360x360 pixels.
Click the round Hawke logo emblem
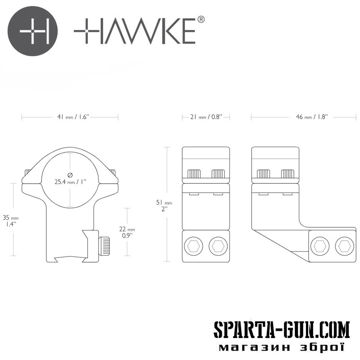click(x=32, y=31)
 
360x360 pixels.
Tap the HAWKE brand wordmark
click(x=135, y=31)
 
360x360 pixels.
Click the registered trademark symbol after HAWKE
click(x=201, y=19)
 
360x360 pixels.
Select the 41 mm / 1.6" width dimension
click(x=73, y=117)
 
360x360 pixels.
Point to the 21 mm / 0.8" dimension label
click(x=207, y=117)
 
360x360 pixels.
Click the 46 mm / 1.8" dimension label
click(x=311, y=117)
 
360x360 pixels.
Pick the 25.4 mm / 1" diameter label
click(x=70, y=182)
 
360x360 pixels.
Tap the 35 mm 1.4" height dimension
click(x=10, y=220)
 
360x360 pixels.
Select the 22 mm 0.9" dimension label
click(x=127, y=232)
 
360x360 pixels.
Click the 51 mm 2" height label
click(x=164, y=206)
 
